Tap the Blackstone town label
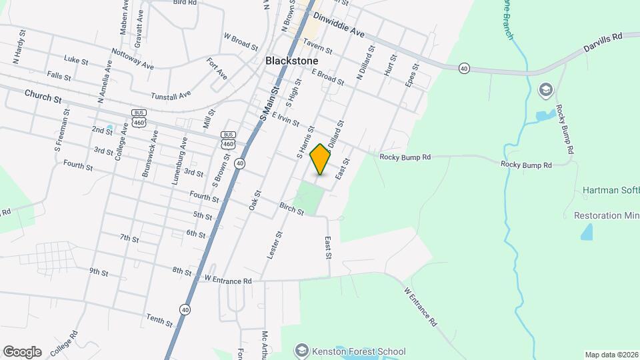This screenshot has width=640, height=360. [291, 60]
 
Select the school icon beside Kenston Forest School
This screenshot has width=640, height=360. [302, 350]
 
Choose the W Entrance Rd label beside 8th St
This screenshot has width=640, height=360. [228, 281]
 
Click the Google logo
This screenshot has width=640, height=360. [22, 352]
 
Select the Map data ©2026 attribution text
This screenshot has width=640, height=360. [610, 355]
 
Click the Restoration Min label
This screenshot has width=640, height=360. [606, 215]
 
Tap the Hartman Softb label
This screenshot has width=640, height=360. [610, 190]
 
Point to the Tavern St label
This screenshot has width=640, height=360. [317, 45]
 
